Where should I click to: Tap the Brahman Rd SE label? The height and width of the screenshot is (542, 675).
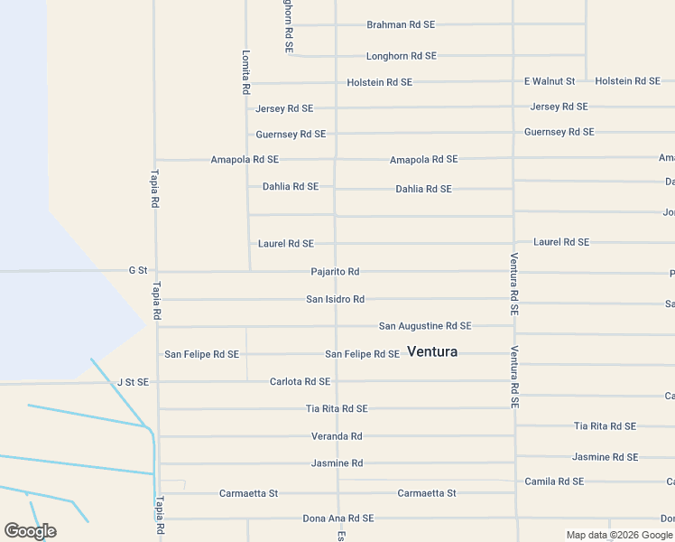[401, 25]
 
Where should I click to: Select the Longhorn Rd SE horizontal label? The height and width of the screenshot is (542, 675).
[401, 56]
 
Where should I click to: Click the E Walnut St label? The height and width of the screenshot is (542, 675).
[550, 81]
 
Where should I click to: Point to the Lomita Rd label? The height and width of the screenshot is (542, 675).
[245, 72]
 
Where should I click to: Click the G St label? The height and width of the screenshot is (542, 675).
[137, 270]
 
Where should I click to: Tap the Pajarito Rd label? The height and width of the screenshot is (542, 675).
[335, 272]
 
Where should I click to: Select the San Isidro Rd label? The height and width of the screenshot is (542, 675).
[335, 299]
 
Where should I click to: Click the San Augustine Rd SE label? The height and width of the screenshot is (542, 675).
[424, 326]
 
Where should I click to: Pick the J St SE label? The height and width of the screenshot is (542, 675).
[133, 382]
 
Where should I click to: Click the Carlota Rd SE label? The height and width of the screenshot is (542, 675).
[300, 382]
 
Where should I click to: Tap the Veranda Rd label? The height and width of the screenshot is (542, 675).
[336, 436]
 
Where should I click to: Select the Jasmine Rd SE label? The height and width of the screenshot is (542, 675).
[605, 457]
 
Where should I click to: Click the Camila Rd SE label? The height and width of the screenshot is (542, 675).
[554, 481]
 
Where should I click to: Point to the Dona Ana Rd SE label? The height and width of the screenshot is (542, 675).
[337, 519]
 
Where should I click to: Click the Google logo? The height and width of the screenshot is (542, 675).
[30, 531]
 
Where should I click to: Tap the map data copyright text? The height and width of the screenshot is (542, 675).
[619, 536]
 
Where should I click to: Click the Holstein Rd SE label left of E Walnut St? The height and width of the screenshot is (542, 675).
[379, 82]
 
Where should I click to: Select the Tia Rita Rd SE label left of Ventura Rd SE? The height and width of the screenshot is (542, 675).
[336, 409]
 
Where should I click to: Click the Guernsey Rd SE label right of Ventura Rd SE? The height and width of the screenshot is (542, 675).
[559, 132]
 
